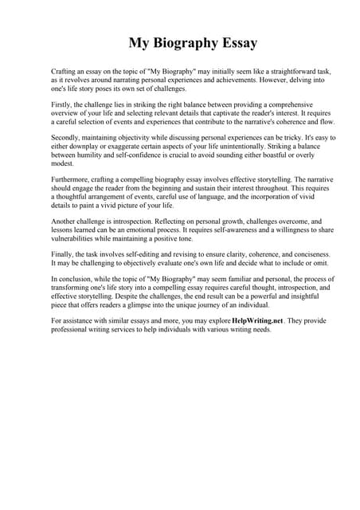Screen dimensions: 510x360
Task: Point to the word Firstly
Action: pyautogui.click(x=62, y=104)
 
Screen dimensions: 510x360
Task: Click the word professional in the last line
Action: pyautogui.click(x=72, y=329)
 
